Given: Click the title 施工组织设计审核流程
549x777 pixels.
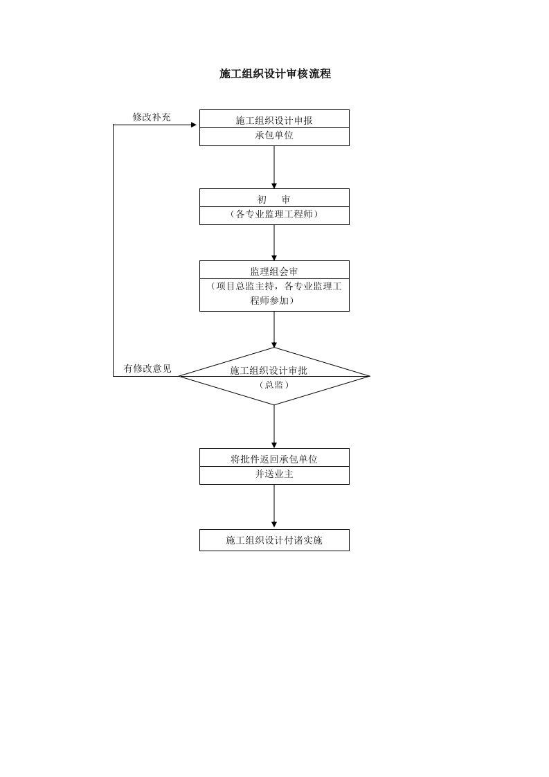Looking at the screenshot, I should point(275,74).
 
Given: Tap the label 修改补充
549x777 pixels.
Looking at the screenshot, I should point(152,117).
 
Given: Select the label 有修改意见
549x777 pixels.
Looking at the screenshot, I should point(147,368).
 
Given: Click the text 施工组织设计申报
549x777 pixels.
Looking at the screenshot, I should point(274,120).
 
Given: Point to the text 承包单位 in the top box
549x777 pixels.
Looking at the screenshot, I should point(274,136).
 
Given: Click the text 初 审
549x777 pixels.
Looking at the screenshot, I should point(274,199).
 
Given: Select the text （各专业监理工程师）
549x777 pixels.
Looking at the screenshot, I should point(274,215).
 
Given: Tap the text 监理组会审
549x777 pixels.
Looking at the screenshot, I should point(274,271).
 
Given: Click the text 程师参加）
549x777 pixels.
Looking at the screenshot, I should point(274,301).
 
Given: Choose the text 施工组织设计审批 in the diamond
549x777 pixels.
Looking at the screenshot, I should point(269,370).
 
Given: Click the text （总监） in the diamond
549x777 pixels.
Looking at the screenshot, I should point(274,385).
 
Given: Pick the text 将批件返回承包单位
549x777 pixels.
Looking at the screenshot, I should point(274,458).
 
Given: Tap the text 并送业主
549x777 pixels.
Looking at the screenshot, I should point(274,474).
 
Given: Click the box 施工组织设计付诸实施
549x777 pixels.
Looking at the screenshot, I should point(274,540).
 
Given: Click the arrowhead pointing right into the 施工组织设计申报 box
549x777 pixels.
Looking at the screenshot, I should point(194,125).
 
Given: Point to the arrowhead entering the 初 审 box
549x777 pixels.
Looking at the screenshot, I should point(274,186).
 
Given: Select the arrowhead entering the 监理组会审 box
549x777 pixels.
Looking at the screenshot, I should point(274,258).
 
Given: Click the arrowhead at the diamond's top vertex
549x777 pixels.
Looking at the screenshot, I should point(274,344).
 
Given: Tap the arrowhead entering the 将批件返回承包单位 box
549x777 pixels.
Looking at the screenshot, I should point(274,445).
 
